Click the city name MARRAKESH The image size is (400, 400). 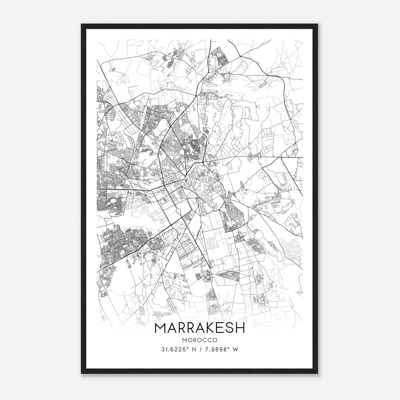click(200, 328)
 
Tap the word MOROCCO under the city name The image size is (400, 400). click(200, 340)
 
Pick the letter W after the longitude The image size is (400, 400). click(235, 349)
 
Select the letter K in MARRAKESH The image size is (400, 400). click(208, 328)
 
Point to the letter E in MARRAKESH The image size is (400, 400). click(218, 328)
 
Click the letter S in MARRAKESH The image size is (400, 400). click(228, 328)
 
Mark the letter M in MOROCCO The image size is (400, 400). click(185, 340)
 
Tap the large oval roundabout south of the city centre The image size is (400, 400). click(178, 211)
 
